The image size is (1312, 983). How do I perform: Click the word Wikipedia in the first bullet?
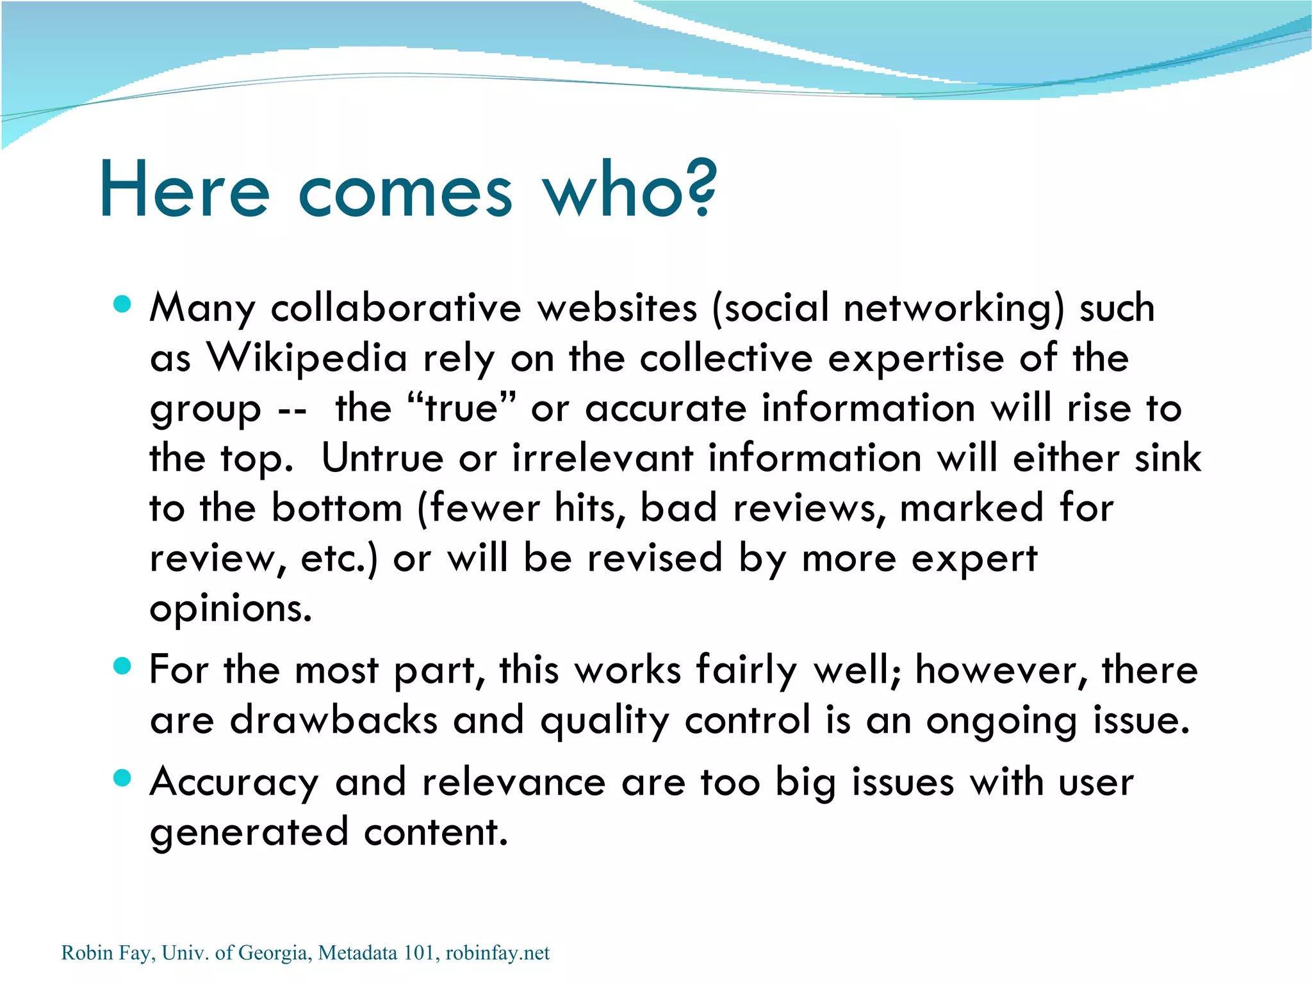[306, 357]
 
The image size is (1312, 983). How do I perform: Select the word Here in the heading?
[184, 190]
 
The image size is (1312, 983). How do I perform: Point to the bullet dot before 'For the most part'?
[122, 666]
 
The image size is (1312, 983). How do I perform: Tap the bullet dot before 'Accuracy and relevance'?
[122, 778]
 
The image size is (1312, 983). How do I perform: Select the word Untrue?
[382, 458]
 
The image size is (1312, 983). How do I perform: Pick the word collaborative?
[396, 307]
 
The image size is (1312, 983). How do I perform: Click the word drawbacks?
[333, 720]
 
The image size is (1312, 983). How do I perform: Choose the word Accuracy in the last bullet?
[234, 783]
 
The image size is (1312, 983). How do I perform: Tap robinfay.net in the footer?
[497, 953]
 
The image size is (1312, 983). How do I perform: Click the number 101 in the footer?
[419, 953]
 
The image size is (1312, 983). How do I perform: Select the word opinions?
[231, 608]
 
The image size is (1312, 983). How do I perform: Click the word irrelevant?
[602, 458]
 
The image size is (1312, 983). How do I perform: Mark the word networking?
[953, 307]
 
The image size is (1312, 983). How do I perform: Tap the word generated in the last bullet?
[249, 833]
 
